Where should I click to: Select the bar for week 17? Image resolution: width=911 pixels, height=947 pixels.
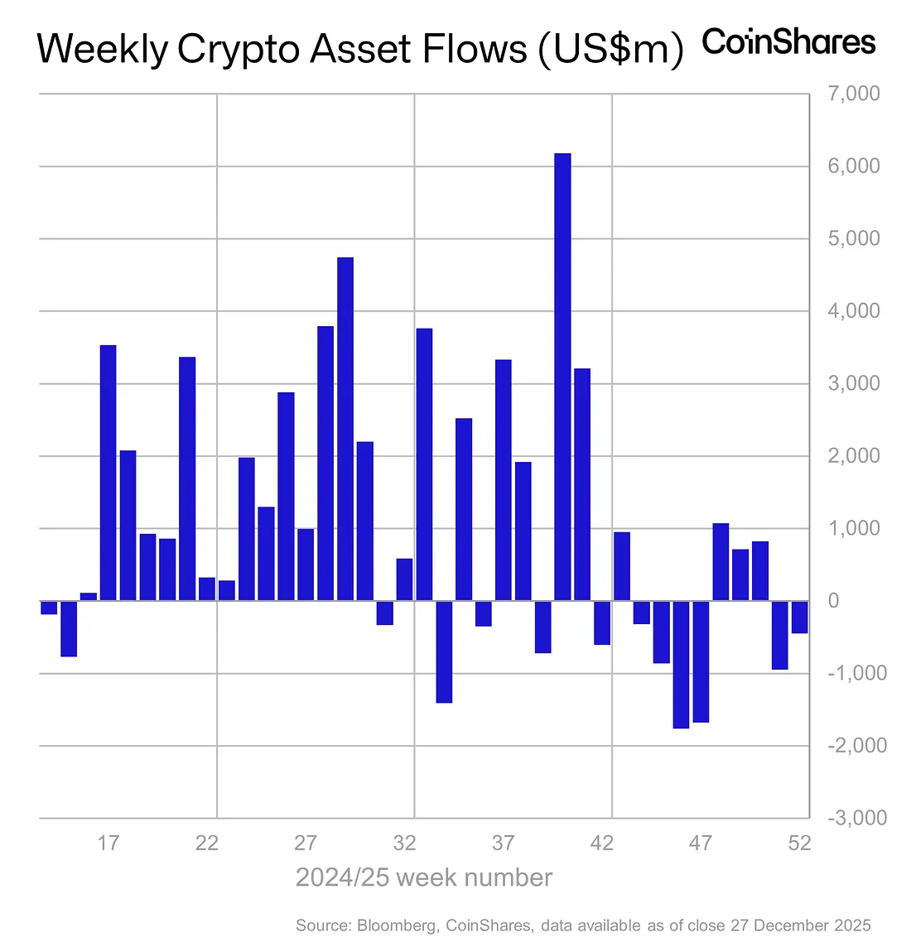click(108, 473)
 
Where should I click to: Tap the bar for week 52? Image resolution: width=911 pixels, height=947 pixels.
click(799, 617)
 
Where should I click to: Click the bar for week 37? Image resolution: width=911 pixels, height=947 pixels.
click(503, 480)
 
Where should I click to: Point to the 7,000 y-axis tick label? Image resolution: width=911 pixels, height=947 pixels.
click(853, 94)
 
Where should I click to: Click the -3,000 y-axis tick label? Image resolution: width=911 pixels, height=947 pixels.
click(856, 818)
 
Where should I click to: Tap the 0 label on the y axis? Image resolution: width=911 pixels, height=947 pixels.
click(834, 601)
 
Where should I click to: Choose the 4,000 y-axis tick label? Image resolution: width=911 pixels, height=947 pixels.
click(853, 311)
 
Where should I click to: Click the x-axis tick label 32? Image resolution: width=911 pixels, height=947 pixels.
click(404, 844)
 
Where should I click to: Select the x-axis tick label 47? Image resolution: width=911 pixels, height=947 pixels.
click(701, 844)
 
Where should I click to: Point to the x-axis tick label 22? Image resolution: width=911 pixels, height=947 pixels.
click(207, 844)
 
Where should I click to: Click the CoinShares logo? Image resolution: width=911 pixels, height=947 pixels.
click(788, 42)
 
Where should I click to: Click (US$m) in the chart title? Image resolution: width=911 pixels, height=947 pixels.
click(610, 50)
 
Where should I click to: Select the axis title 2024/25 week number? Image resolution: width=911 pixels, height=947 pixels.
click(423, 877)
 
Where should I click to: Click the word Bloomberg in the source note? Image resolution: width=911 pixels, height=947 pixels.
click(397, 925)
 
